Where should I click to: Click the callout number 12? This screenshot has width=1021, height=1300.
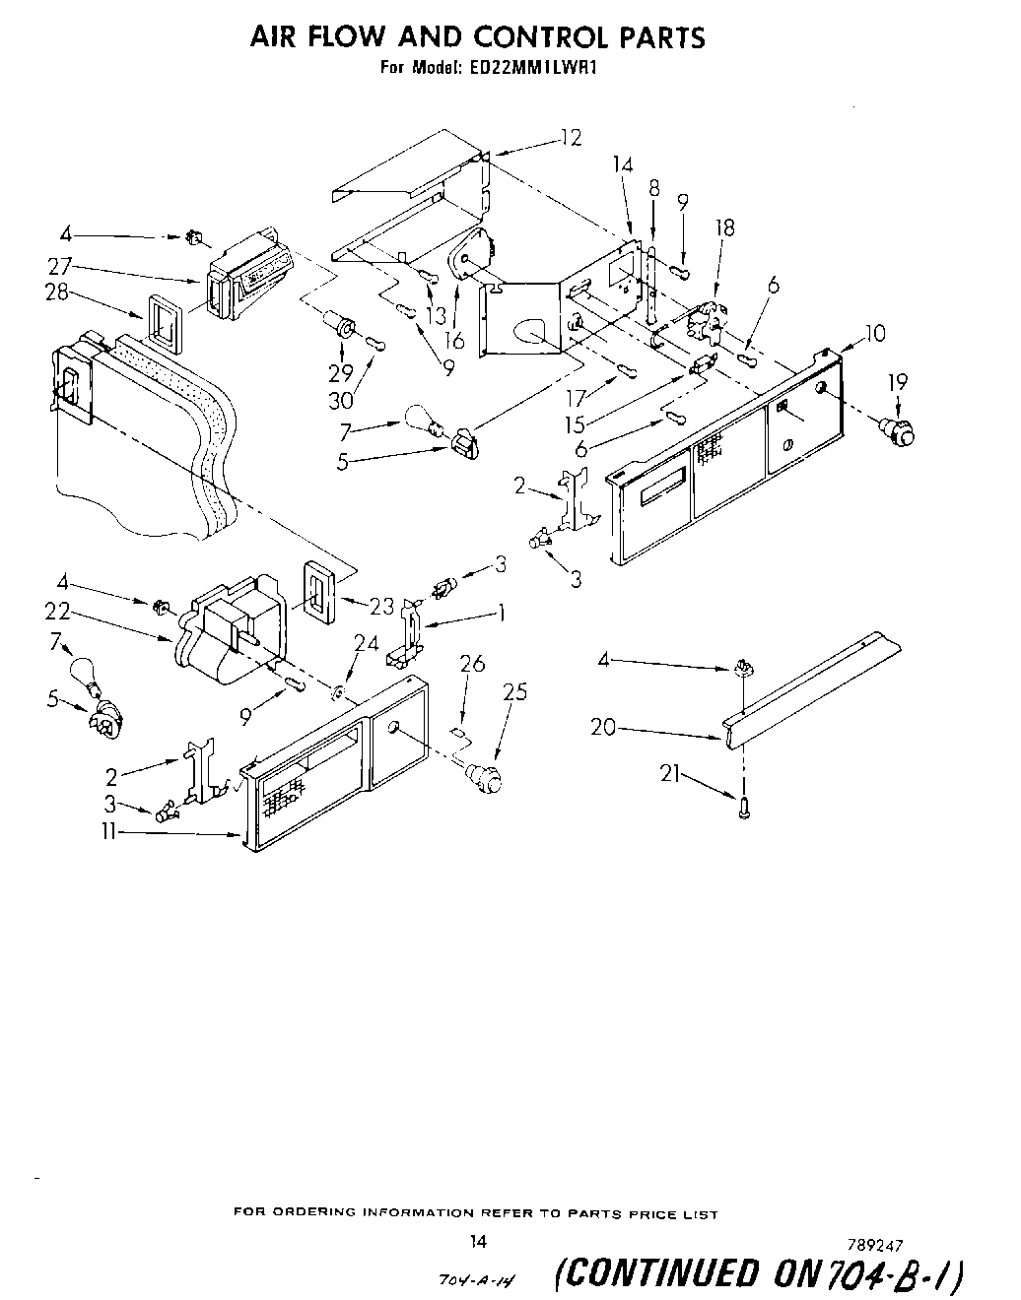coord(571,138)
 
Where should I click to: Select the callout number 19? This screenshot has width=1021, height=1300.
coord(897,382)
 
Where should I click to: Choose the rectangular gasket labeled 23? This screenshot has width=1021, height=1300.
coord(316,594)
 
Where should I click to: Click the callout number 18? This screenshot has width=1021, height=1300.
coord(725,227)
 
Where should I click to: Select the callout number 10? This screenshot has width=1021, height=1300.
coord(873,333)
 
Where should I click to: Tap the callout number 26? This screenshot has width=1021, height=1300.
coord(473,664)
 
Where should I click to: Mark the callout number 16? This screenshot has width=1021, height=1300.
coord(454,341)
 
